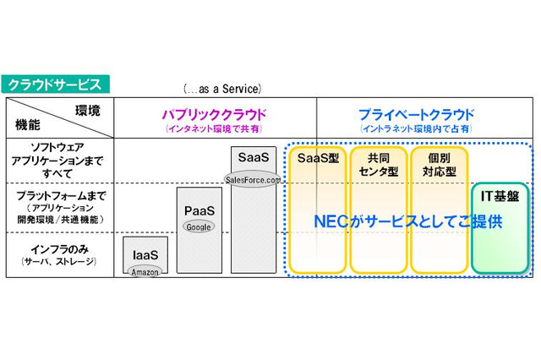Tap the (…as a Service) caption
point(222,88)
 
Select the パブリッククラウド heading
point(215,114)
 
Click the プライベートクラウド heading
point(416,114)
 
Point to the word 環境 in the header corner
point(88,111)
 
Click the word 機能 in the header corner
point(28,125)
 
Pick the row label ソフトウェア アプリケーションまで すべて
point(57,157)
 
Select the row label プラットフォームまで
point(58,195)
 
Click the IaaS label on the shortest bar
point(145,254)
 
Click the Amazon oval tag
point(145,272)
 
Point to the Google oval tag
point(199,226)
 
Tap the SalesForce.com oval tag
point(252,178)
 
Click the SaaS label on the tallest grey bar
point(253,158)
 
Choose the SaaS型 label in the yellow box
point(318,157)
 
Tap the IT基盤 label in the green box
point(500,195)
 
